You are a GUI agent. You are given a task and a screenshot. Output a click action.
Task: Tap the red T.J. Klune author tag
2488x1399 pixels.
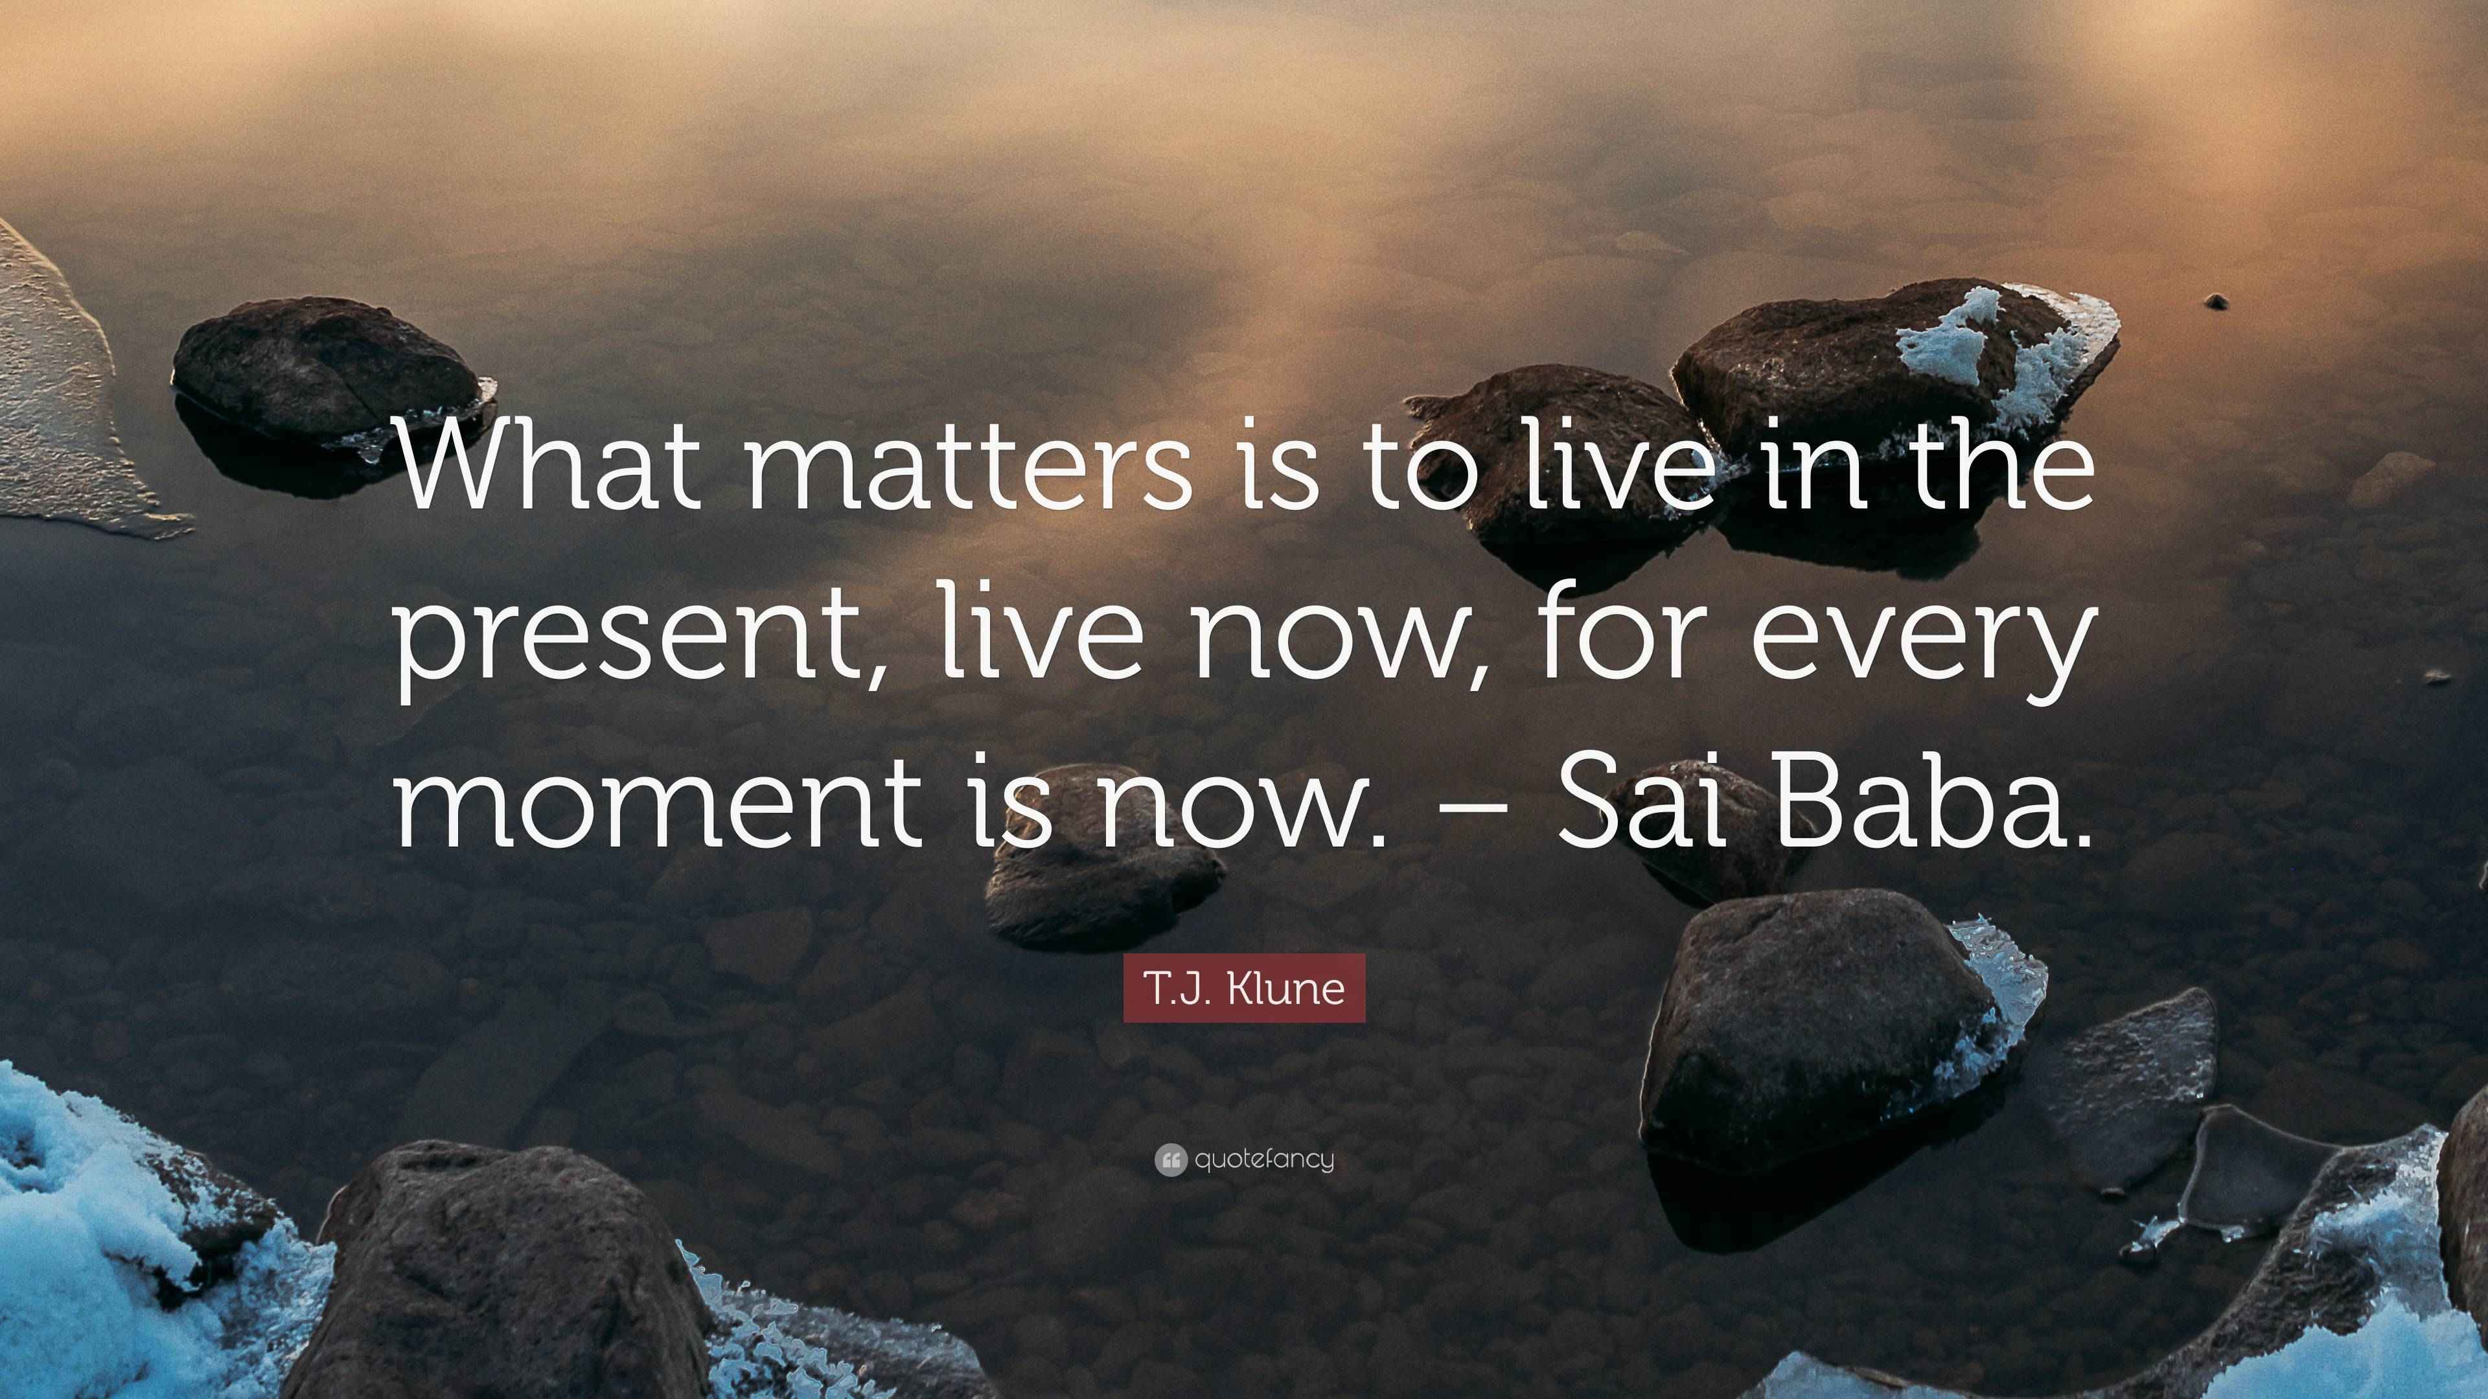tap(1244, 988)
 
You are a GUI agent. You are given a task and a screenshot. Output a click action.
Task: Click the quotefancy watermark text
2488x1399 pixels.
tap(1264, 1159)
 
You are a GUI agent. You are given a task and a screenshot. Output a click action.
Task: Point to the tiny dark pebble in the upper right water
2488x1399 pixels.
tap(2217, 301)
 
